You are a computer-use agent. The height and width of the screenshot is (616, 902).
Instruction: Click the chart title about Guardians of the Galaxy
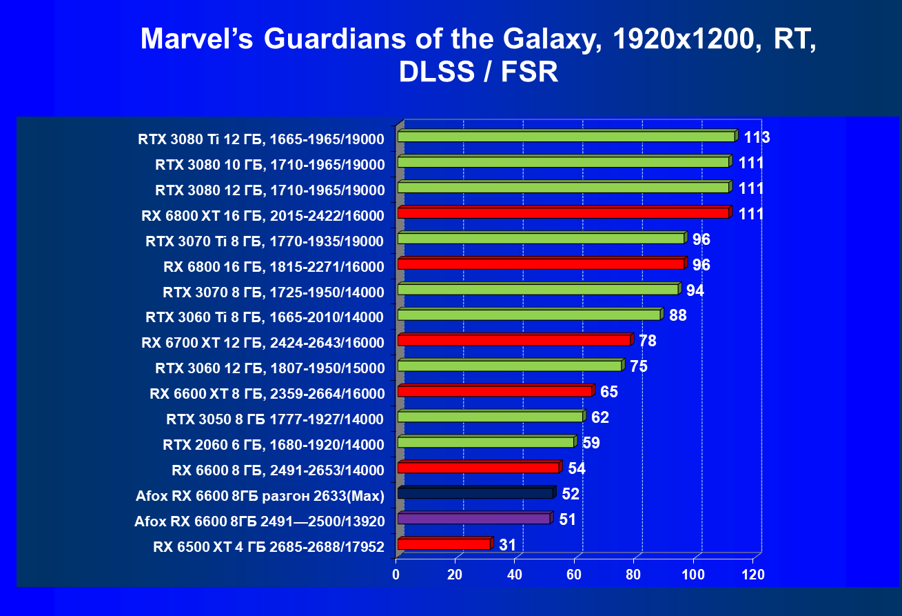478,55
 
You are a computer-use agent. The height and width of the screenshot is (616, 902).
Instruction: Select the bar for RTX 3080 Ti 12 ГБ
566,137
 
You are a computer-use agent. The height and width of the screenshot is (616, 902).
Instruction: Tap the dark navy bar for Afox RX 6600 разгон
475,493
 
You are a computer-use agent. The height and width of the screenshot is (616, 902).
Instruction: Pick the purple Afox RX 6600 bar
474,519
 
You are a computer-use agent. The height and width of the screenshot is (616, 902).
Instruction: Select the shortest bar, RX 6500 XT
444,544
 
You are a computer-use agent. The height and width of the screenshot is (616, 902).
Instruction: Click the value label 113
757,137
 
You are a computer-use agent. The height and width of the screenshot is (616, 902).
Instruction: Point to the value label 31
508,545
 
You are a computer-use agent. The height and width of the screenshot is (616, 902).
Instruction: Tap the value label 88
678,316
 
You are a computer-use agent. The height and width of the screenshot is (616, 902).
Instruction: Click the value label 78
648,341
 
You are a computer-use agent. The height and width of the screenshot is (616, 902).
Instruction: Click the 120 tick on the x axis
753,574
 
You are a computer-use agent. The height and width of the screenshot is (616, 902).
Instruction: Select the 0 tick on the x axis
396,574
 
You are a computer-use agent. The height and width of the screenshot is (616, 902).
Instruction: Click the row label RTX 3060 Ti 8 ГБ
265,317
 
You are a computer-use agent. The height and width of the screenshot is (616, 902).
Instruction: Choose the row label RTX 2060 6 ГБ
273,445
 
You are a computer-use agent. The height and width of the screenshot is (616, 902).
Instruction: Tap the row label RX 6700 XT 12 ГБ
263,343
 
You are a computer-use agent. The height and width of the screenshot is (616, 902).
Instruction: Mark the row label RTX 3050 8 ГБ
275,419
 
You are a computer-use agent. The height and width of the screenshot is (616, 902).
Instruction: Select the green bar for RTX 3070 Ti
541,239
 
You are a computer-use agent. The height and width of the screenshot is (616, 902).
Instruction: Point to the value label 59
591,443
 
